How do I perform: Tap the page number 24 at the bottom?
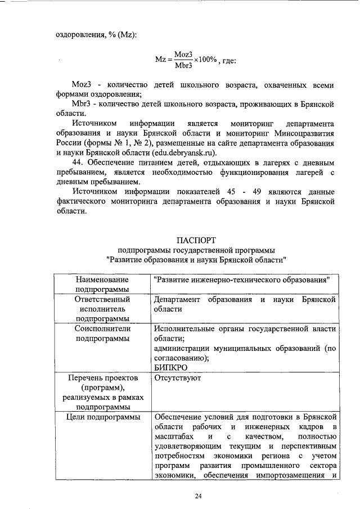click(198, 496)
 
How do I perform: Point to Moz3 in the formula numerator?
click(183, 54)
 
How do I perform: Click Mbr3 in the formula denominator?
click(183, 65)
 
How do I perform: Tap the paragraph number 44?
click(78, 163)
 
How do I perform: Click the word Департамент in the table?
click(176, 300)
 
